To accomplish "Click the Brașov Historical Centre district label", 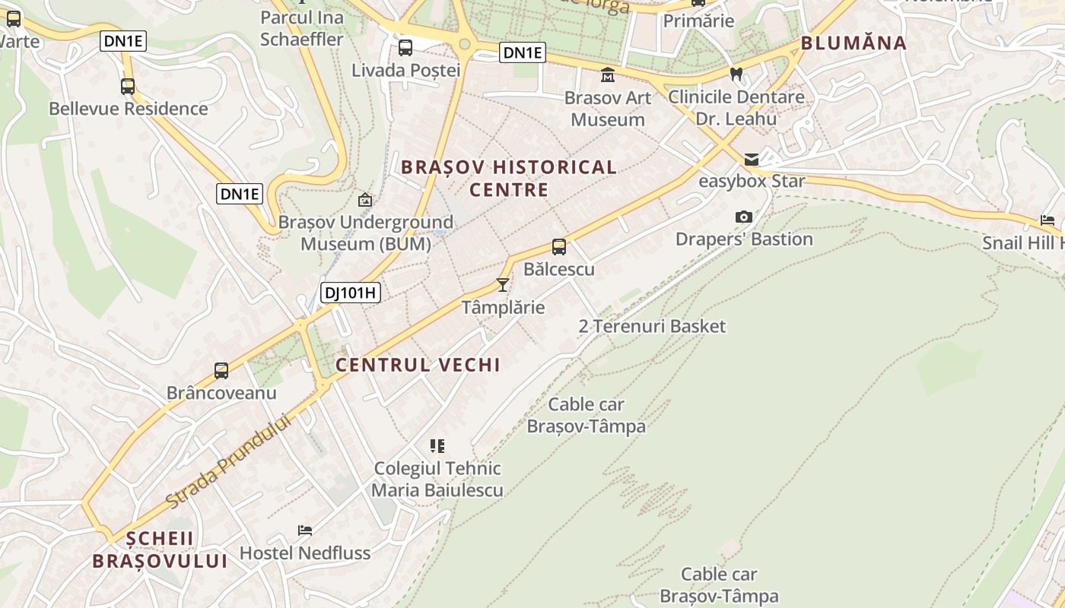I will (x=508, y=178).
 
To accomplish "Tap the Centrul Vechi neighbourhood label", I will (x=418, y=365).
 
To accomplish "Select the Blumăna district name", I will (x=854, y=43).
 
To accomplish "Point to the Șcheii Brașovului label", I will (x=160, y=549).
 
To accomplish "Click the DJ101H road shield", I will (x=350, y=293).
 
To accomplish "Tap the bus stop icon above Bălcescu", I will (x=559, y=247).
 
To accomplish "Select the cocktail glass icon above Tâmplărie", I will (x=502, y=285).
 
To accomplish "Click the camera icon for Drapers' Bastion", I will (x=744, y=217).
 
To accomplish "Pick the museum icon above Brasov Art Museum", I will (x=608, y=74).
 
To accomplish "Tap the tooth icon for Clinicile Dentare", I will (x=736, y=74).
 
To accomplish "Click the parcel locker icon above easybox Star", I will (x=752, y=159).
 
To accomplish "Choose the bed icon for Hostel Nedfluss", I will (x=305, y=530).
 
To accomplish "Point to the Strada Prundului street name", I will (x=229, y=462).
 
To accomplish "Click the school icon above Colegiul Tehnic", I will (x=437, y=445).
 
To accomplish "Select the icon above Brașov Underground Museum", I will (x=365, y=200).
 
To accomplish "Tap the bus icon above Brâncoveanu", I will (x=221, y=371).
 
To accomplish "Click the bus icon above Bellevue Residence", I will (x=128, y=87).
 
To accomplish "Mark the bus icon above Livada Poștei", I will (x=405, y=48).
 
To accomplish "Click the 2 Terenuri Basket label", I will (x=652, y=327).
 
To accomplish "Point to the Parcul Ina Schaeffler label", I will (x=302, y=28).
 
